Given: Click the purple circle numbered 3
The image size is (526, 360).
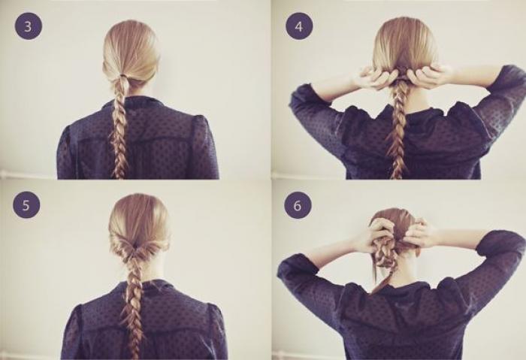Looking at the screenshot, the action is pyautogui.click(x=29, y=26).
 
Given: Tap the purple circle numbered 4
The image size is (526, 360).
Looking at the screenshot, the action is pyautogui.click(x=299, y=26).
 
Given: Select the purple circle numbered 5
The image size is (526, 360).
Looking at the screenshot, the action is pyautogui.click(x=26, y=205).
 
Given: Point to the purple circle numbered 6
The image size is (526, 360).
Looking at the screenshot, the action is pyautogui.click(x=298, y=205).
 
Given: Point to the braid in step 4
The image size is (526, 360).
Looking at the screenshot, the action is pyautogui.click(x=398, y=131).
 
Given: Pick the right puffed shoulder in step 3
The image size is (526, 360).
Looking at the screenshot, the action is pyautogui.click(x=200, y=126).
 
